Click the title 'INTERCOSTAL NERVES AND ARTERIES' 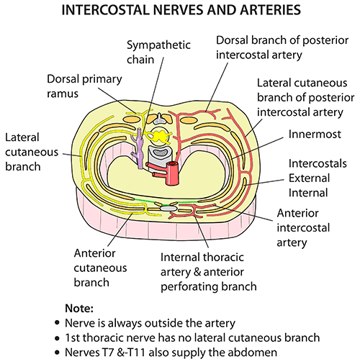pyautogui.click(x=180, y=12)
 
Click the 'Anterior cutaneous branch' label pyautogui.click(x=102, y=267)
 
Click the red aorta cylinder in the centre pyautogui.click(x=193, y=173)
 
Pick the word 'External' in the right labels pyautogui.click(x=310, y=179)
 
